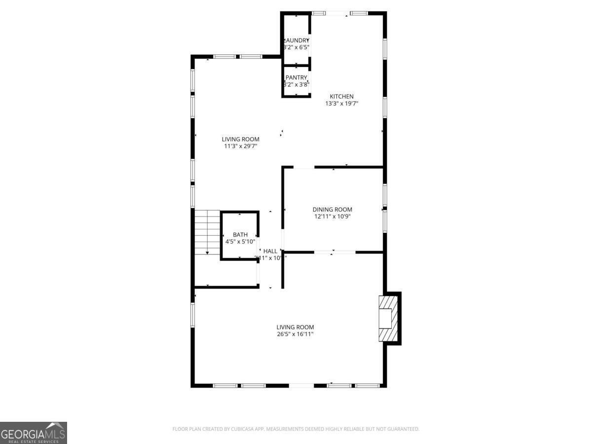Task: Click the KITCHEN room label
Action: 341,97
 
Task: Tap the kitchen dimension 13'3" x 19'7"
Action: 341,104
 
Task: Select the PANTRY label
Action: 296,77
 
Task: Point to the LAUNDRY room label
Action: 296,40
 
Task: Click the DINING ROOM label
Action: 333,210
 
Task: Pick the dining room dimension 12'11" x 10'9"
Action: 333,217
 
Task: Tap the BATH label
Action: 240,235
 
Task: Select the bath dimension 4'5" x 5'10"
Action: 240,242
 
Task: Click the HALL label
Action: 270,251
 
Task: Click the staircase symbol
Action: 207,232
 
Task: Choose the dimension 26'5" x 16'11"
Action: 295,334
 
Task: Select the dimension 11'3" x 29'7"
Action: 240,146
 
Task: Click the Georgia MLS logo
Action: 33,433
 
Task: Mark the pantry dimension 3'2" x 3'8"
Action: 296,84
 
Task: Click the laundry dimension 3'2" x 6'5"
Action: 296,47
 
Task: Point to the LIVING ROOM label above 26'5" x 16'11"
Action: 295,327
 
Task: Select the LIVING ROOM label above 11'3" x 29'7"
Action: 240,139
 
